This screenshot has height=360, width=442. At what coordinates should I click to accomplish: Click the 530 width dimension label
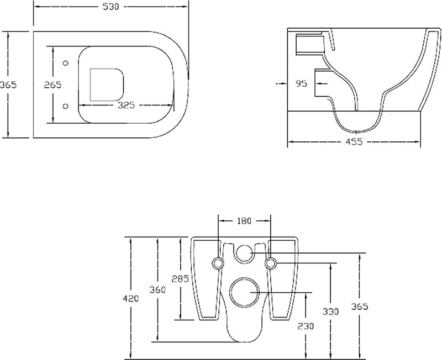(x=111, y=7)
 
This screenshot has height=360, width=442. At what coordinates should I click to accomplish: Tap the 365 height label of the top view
(x=8, y=84)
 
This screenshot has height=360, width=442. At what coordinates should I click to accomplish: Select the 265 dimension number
(x=52, y=84)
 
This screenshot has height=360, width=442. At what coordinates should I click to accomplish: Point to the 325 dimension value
(x=127, y=105)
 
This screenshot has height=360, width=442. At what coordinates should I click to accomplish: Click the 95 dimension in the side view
(x=301, y=83)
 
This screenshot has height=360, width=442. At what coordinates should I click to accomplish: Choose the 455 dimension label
(x=354, y=142)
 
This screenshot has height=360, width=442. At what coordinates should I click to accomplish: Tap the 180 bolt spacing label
(x=244, y=221)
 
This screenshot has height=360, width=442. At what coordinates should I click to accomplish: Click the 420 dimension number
(x=131, y=298)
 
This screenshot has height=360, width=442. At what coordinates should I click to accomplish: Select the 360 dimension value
(x=157, y=289)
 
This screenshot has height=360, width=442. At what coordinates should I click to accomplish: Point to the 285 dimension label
(x=180, y=279)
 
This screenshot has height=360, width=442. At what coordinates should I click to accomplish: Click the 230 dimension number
(x=306, y=326)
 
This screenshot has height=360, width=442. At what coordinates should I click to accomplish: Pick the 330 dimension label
(x=330, y=311)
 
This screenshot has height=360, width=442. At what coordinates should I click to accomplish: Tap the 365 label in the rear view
(x=360, y=306)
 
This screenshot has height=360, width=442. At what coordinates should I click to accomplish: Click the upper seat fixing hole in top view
(x=65, y=63)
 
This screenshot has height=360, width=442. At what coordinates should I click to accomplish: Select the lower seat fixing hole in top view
(x=65, y=106)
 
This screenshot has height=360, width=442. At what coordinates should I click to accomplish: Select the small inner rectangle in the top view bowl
(x=91, y=84)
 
